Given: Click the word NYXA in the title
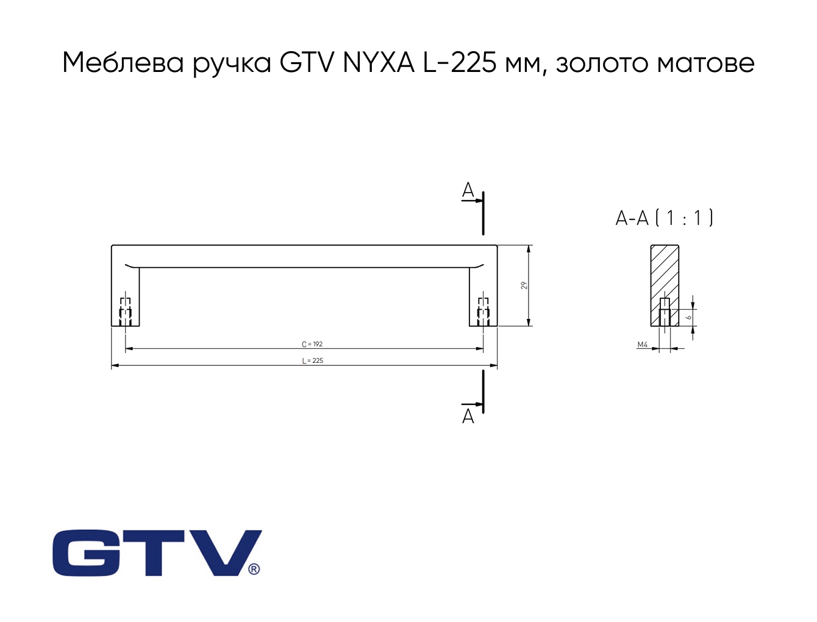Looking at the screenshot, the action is pos(378,63).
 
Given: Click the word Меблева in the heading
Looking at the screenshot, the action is pos(123,63).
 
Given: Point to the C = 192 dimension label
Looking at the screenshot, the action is pos(312,345).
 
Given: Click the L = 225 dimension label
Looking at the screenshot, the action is pos(313,360).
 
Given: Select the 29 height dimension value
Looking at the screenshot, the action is pos(524,285).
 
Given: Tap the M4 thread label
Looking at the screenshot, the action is pos(643,345).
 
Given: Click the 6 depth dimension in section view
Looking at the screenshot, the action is pos(689,318).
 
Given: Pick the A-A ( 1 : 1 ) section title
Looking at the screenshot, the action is pos(665,218).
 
